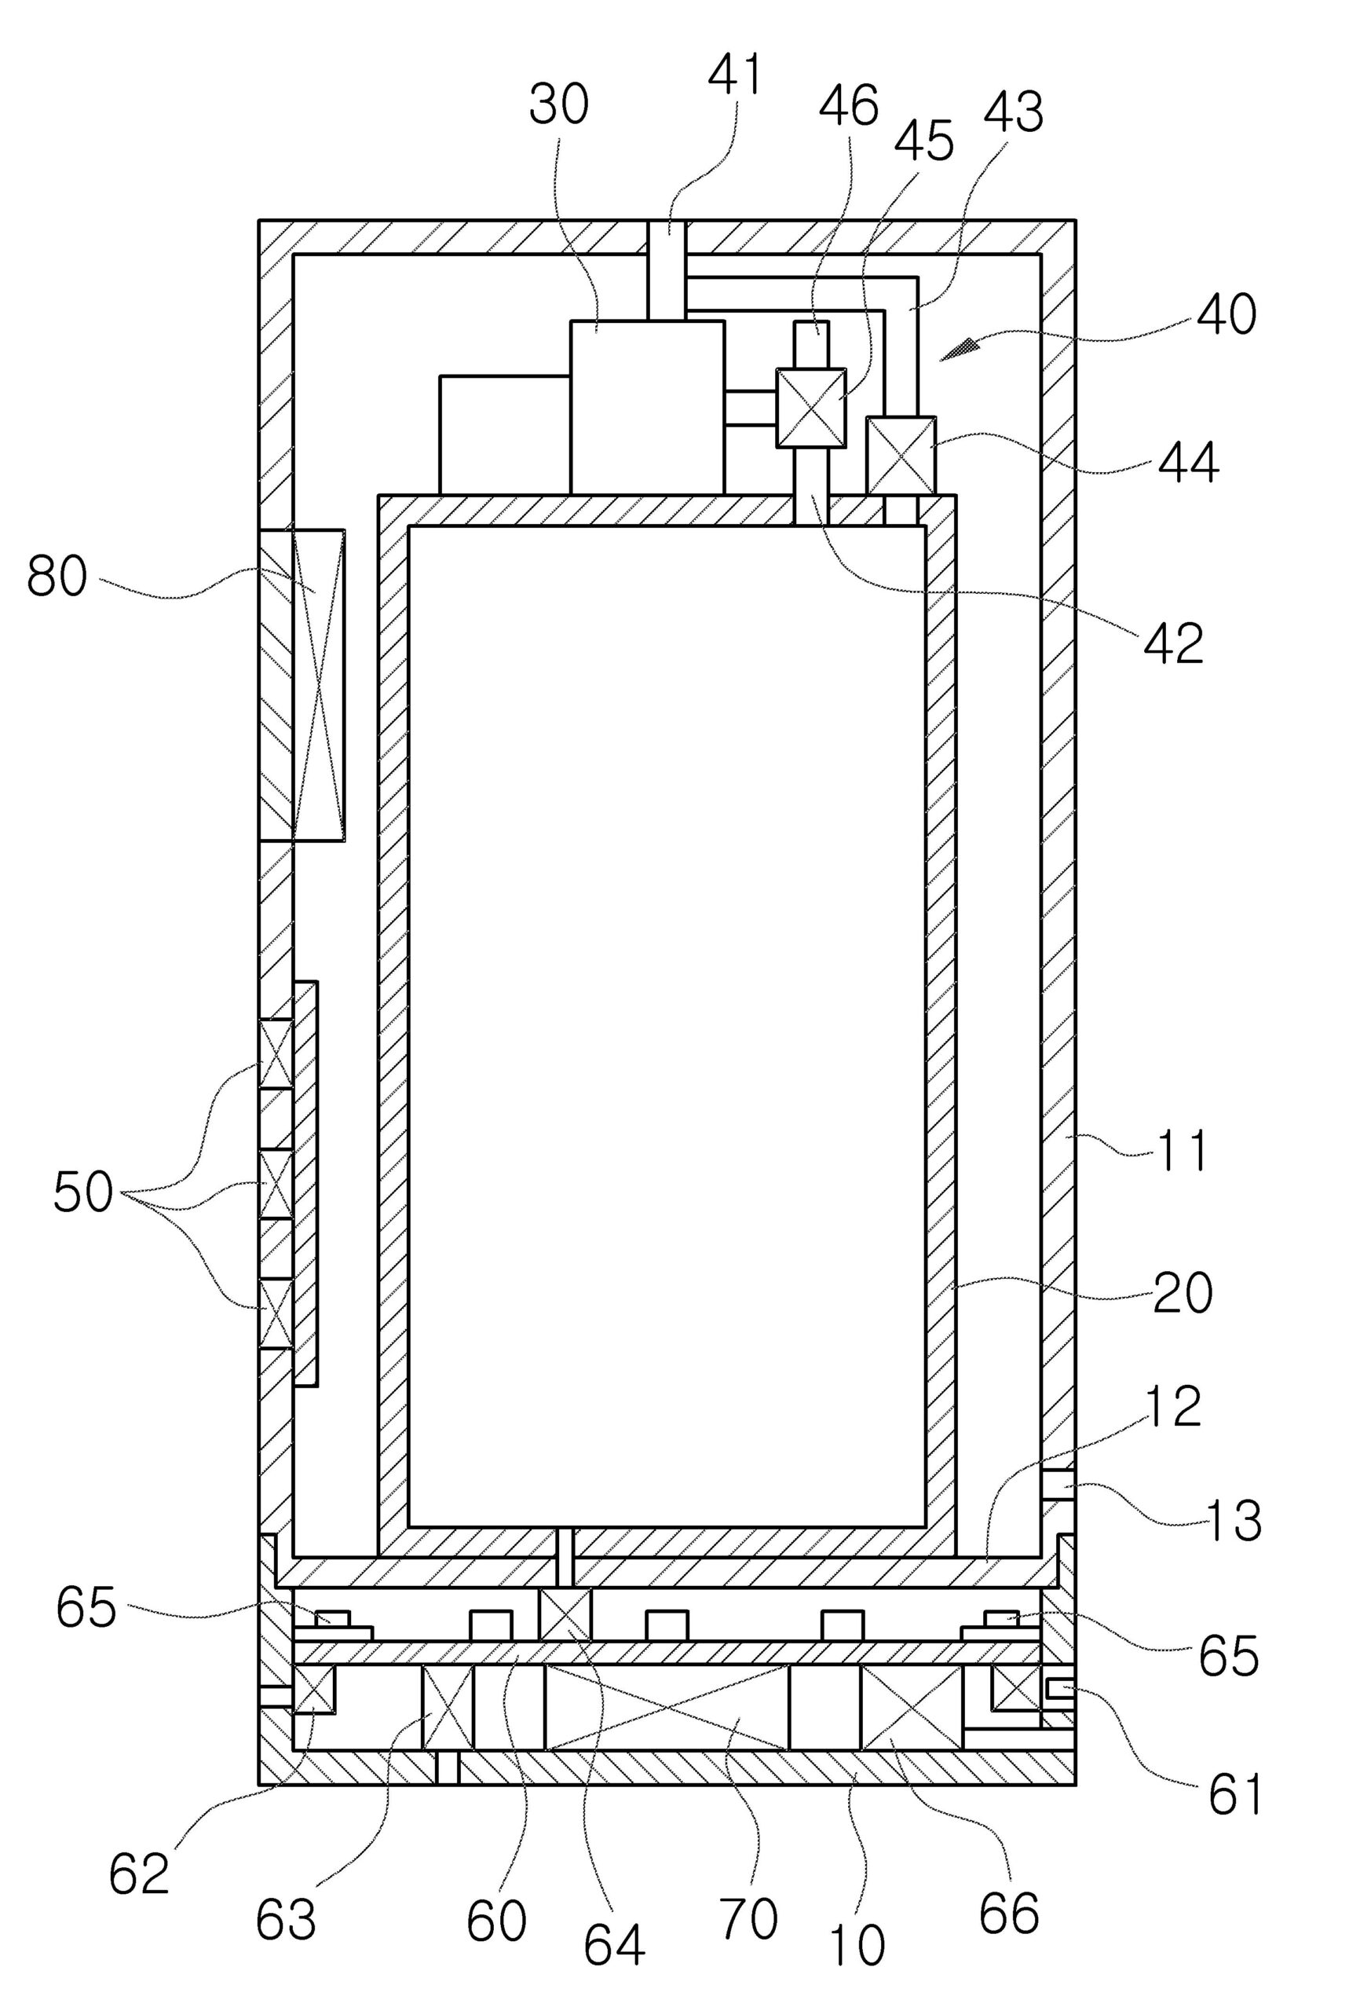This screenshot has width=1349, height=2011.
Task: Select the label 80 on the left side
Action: (57, 577)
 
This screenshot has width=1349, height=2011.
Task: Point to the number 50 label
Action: (82, 1192)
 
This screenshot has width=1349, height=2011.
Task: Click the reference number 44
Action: (1188, 463)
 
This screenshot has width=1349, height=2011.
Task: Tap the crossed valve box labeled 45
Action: (810, 408)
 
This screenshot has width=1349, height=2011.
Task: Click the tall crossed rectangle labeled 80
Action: (318, 685)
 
